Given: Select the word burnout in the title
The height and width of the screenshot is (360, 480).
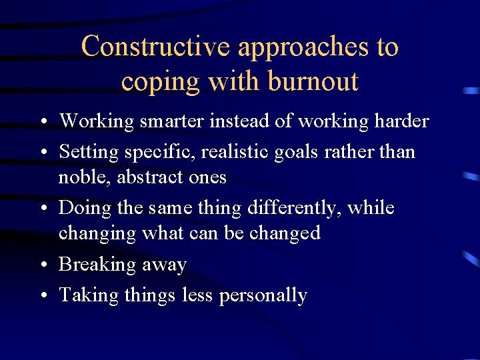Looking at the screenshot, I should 313,81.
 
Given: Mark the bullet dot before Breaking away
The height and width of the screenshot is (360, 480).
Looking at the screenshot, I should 43,265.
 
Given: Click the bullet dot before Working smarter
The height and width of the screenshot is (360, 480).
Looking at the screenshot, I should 43,122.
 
